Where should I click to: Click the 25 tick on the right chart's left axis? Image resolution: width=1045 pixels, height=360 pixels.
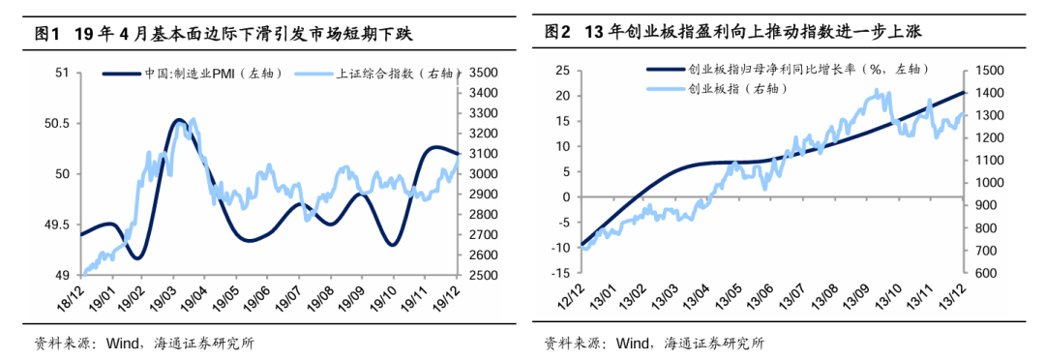tap(559, 71)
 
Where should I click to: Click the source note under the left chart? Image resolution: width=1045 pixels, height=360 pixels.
tap(145, 343)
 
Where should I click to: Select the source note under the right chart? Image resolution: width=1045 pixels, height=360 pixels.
tap(654, 343)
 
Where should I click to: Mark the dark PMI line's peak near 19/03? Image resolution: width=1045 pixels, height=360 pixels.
tap(178, 120)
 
